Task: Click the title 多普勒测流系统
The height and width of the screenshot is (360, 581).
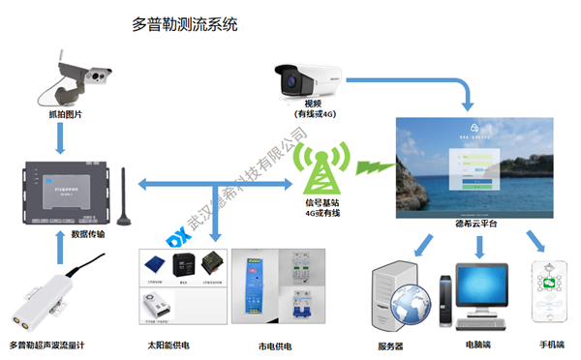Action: (184, 25)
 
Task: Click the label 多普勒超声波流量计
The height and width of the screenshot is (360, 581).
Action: (54, 345)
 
